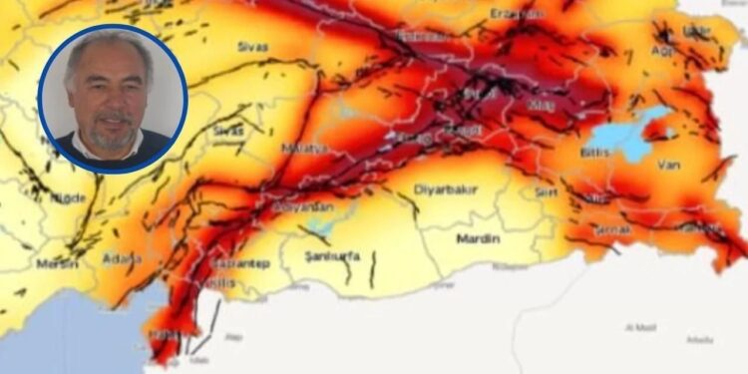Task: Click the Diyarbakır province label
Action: pos(445,190)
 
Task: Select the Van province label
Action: pos(667,165)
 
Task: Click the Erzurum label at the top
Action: pos(515,14)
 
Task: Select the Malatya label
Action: pos(305,148)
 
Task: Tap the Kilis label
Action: pos(223,283)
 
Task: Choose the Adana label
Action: pos(122,259)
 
